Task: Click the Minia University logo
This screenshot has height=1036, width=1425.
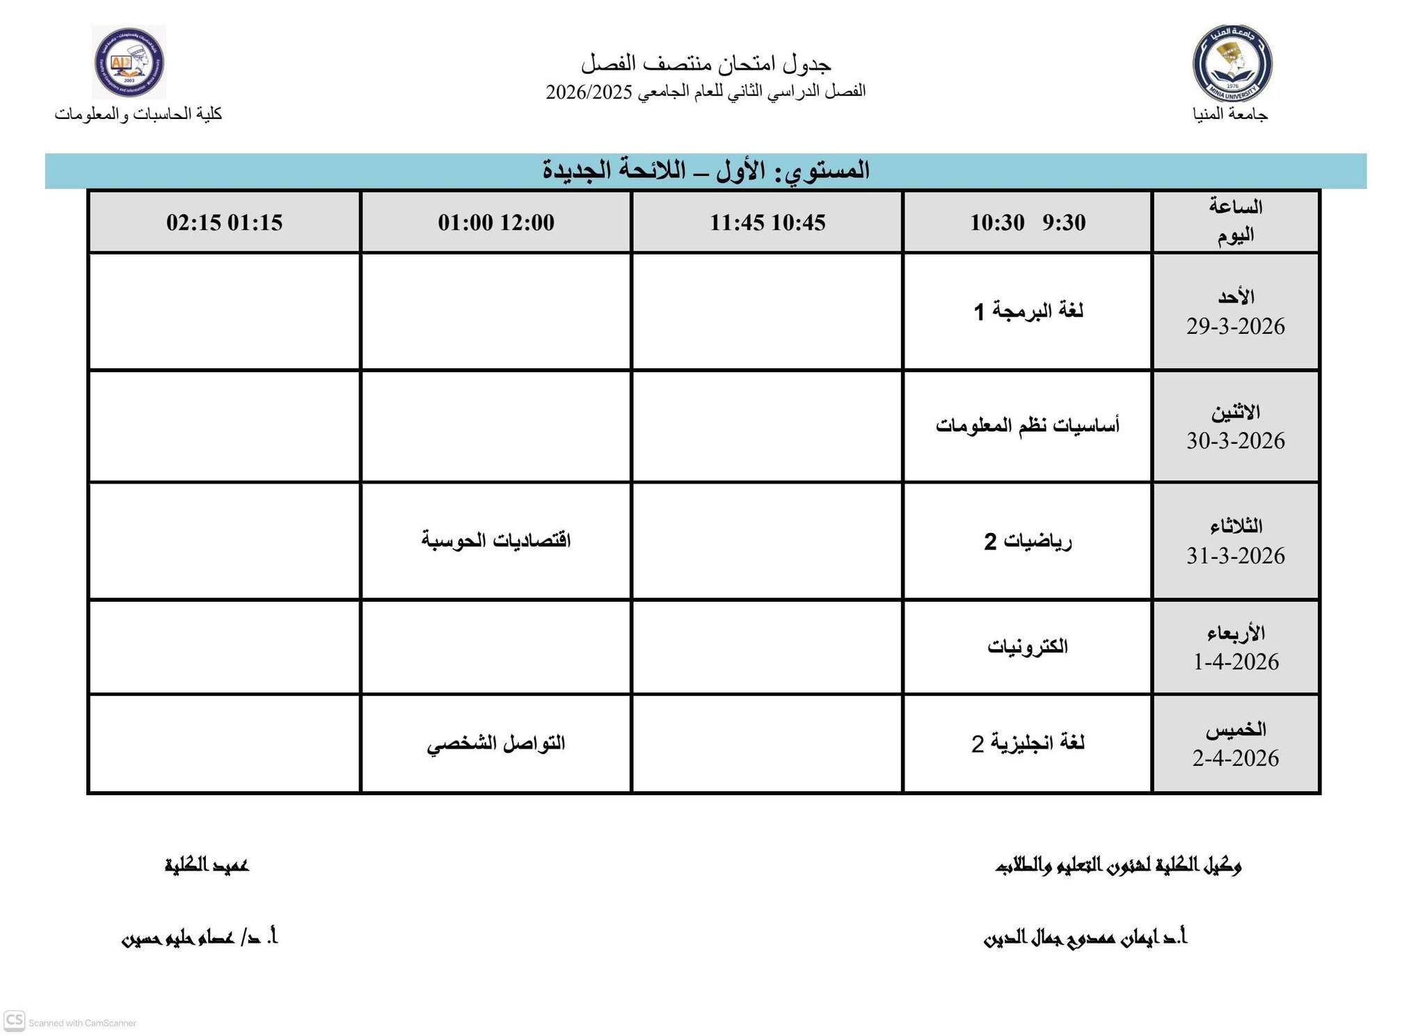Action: [1232, 63]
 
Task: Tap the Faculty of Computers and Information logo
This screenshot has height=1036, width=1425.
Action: [129, 62]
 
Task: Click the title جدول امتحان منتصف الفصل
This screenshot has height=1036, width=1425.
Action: [706, 64]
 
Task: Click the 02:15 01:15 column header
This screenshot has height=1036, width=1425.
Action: [224, 223]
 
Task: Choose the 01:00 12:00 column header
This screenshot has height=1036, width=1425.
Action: [496, 223]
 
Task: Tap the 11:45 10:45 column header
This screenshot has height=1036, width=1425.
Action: [767, 223]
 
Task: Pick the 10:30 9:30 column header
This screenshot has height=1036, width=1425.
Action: [1028, 223]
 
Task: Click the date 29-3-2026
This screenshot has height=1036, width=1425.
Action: [1235, 326]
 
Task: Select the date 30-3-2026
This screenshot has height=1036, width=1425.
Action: [1235, 441]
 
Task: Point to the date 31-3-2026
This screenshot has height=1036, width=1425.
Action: [1235, 556]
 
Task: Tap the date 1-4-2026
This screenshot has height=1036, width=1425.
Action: [1236, 662]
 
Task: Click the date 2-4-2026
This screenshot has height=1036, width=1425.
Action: [1235, 758]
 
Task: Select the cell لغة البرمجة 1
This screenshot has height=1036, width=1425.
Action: [1028, 311]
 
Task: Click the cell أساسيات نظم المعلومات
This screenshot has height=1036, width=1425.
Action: [1028, 425]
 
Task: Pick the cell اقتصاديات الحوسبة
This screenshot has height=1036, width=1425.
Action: [496, 541]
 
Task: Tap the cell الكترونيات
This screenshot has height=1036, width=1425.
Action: [1028, 647]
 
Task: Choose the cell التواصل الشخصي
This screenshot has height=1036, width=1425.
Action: [496, 744]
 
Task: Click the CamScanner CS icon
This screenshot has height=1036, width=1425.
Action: [15, 1021]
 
